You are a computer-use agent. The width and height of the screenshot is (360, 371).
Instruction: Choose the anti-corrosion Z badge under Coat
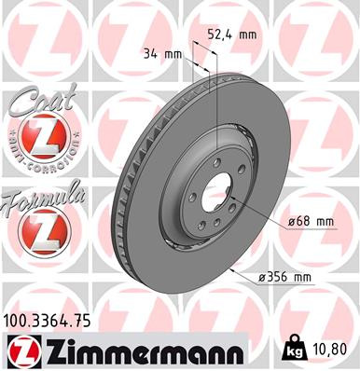pyautogui.click(x=39, y=140)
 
